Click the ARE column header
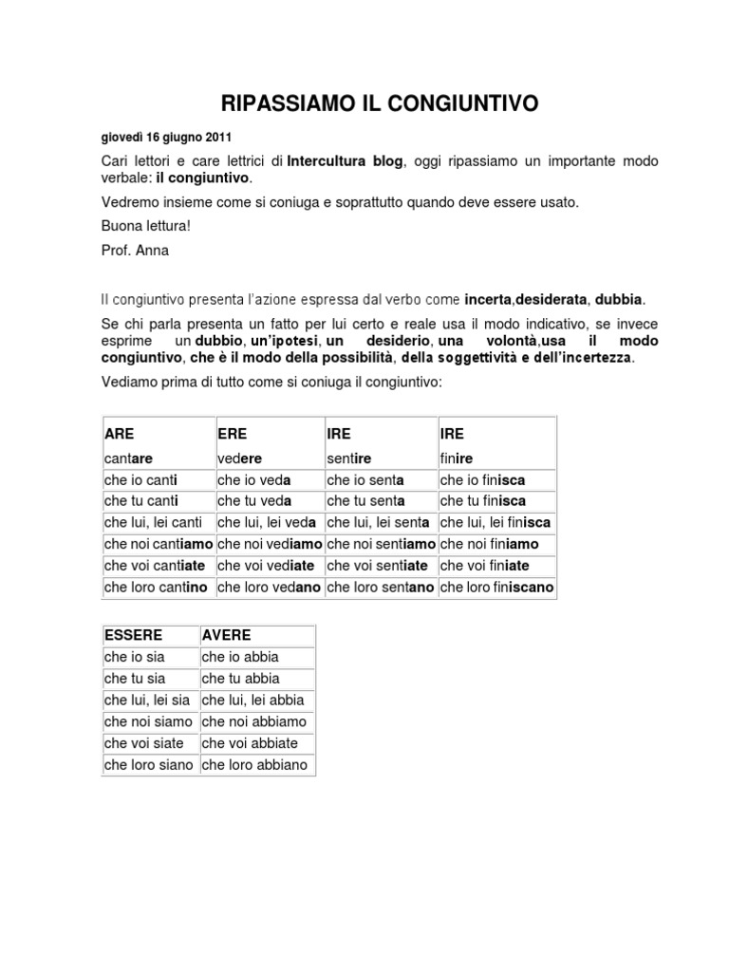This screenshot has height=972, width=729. [x=120, y=434]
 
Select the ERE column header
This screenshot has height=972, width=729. [x=233, y=434]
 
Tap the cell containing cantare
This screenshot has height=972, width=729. [x=128, y=458]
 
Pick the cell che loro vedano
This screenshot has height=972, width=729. [x=270, y=588]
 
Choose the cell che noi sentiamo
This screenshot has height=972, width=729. [x=380, y=544]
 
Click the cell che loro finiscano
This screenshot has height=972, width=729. [x=496, y=588]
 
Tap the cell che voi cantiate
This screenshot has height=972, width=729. [x=156, y=566]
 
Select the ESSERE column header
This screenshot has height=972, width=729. [x=134, y=635]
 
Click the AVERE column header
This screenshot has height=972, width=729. [x=226, y=635]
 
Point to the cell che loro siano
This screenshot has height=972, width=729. [x=148, y=764]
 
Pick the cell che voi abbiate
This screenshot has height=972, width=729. [x=250, y=742]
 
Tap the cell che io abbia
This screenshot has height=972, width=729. [x=240, y=656]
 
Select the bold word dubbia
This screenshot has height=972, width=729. [x=619, y=299]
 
